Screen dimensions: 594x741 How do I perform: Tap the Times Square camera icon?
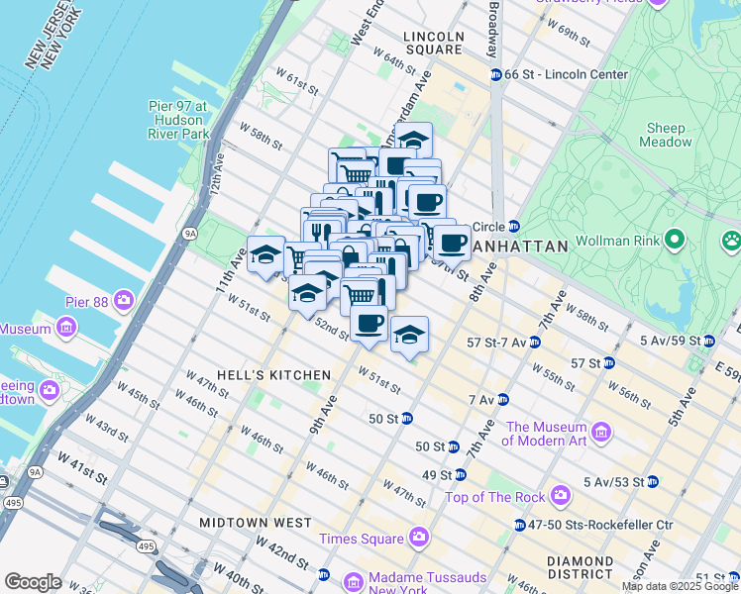pos(419,538)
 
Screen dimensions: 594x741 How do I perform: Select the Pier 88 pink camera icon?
pos(124,298)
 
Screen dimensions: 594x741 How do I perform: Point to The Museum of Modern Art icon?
pos(601,432)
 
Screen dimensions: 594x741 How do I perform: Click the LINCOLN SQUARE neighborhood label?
pos(433,43)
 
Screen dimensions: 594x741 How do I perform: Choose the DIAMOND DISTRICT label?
pos(580,567)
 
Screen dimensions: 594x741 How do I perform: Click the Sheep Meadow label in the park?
pos(666,135)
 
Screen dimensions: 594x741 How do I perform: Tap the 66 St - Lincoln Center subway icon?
pos(495,75)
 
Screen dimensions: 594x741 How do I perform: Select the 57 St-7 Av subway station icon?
pos(535,343)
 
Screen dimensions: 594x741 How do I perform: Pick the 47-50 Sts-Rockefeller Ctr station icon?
pos(520,525)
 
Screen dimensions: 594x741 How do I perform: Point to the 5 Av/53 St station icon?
pos(652,482)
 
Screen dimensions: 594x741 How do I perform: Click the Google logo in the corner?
pos(34,582)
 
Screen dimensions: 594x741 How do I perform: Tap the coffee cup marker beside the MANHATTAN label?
pos(453,242)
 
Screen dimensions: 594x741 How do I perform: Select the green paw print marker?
pos(731,239)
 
